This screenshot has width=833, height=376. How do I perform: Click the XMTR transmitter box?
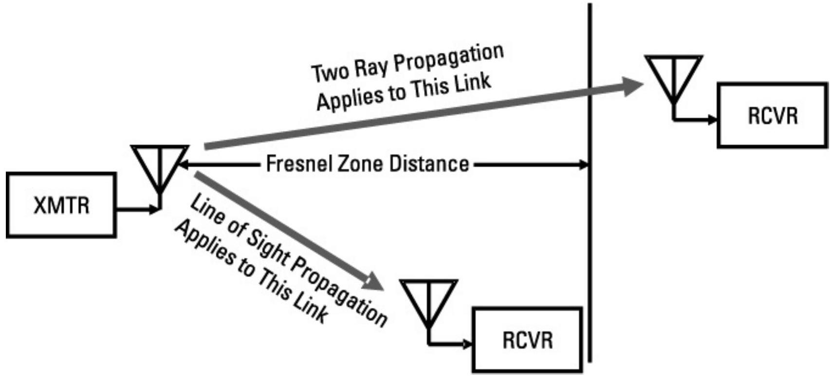(61, 205)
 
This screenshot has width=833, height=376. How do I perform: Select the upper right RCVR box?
(772, 115)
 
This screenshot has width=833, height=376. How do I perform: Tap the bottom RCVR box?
(527, 339)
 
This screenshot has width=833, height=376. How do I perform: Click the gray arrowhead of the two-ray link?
(631, 86)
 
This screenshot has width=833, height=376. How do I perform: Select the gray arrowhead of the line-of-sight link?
(375, 281)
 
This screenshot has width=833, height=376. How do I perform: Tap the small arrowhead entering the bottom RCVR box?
(468, 344)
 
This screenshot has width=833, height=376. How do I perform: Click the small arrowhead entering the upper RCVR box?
(713, 120)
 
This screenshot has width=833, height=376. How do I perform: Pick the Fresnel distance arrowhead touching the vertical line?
(584, 165)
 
